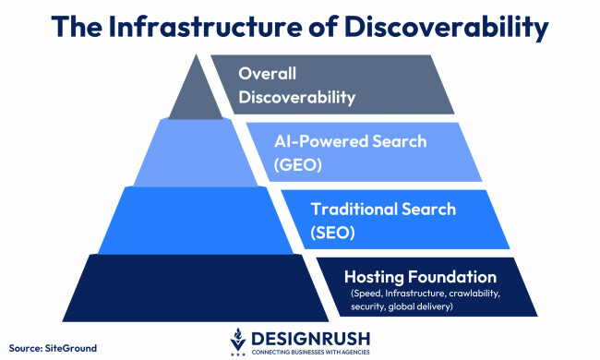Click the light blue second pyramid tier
(185, 151)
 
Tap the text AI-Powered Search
(350, 142)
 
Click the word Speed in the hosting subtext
(366, 294)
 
